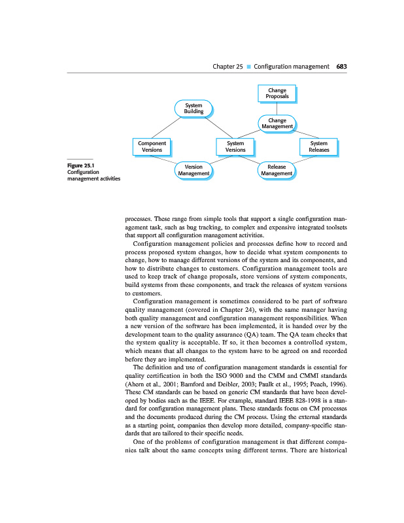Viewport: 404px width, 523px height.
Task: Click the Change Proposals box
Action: [277, 93]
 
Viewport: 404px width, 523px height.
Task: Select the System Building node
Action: [194, 109]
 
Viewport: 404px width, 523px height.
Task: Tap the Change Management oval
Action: [277, 123]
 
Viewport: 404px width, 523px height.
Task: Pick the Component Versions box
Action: [152, 146]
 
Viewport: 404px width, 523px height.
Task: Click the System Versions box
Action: [235, 146]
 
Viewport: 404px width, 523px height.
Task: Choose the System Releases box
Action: [318, 146]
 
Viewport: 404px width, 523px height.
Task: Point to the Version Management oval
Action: [194, 170]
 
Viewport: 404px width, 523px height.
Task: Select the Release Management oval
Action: [277, 170]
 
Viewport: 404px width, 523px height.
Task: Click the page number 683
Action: [341, 67]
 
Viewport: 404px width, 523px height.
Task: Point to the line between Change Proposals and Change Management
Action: [277, 109]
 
